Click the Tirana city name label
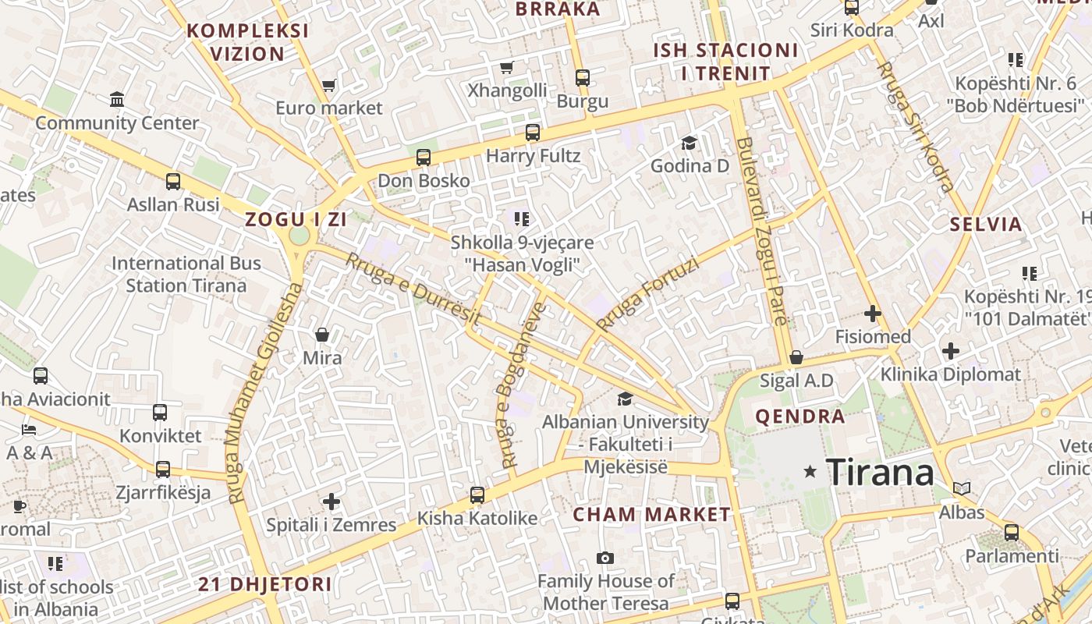879,472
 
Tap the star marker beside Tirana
810,471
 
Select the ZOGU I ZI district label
296,220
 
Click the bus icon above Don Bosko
424,158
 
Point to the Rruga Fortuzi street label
647,294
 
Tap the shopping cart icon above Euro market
328,85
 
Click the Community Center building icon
117,100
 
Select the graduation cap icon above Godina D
689,143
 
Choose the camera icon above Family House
604,558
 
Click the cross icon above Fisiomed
872,314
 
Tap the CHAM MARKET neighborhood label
651,515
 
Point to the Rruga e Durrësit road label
413,289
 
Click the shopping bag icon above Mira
321,335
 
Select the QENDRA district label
799,417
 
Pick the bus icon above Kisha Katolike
477,495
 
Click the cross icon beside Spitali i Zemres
331,501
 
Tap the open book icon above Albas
962,489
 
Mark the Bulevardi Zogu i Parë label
760,231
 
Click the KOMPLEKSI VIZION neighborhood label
247,42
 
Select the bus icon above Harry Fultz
533,133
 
